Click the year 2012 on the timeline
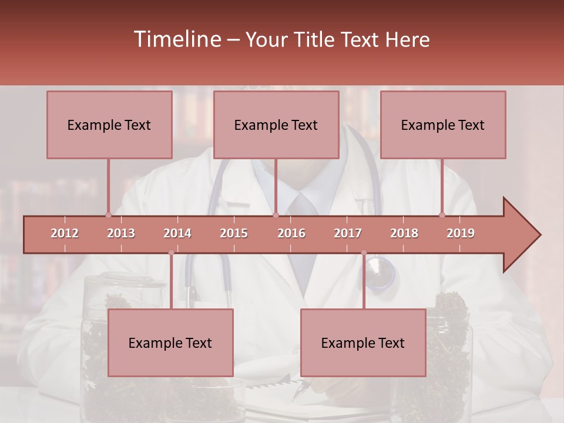(65, 233)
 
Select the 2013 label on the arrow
(121, 233)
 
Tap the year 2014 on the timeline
(177, 233)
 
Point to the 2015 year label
(234, 233)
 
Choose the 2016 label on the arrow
(291, 233)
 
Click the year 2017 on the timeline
(348, 233)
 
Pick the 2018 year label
(404, 233)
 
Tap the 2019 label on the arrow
(461, 233)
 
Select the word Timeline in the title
(176, 39)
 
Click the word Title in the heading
(315, 40)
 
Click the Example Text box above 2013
(109, 125)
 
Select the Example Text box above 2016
(276, 125)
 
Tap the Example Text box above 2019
(443, 125)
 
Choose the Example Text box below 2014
(170, 343)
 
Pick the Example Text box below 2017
(363, 343)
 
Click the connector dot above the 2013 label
(108, 215)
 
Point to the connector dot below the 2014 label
(171, 253)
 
